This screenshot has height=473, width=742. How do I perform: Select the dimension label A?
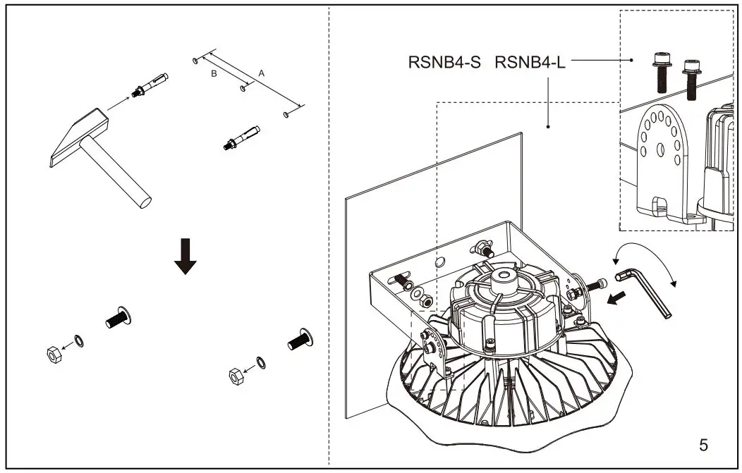pyautogui.click(x=262, y=73)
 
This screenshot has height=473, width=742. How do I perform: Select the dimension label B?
pyautogui.click(x=214, y=73)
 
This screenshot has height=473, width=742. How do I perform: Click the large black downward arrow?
pyautogui.click(x=185, y=256)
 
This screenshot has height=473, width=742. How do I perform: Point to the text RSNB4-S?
pyautogui.click(x=444, y=62)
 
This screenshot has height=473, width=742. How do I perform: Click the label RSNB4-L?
pyautogui.click(x=530, y=62)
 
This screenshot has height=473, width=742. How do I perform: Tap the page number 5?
pyautogui.click(x=703, y=445)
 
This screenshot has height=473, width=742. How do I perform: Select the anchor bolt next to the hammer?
pyautogui.click(x=150, y=85)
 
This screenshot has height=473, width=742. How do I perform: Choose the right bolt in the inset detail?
pyautogui.click(x=691, y=78)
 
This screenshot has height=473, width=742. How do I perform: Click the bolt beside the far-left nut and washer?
pyautogui.click(x=118, y=319)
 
